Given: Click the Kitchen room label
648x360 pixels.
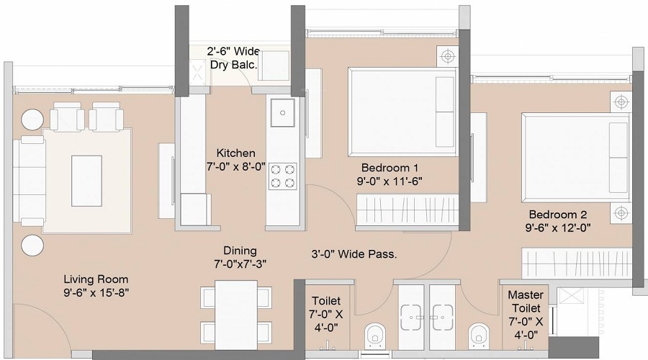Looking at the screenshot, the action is click(x=235, y=153).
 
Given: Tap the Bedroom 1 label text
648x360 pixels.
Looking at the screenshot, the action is click(x=390, y=168).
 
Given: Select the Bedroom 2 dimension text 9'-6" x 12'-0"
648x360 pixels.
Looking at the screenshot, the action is click(x=558, y=228).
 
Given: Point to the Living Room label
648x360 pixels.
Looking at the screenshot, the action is click(x=96, y=279).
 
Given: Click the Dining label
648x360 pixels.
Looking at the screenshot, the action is click(x=240, y=251).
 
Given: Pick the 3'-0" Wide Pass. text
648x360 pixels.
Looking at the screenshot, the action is click(x=354, y=254).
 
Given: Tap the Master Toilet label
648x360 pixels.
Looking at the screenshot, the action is click(x=526, y=301).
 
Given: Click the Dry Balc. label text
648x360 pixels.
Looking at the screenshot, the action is click(x=233, y=65).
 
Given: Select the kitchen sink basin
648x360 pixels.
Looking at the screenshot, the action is click(x=283, y=112).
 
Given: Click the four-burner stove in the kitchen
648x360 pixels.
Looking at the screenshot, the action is click(x=283, y=176).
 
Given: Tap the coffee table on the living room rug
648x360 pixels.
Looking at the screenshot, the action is click(x=86, y=181).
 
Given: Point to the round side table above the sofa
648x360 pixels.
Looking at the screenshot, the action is click(x=32, y=120).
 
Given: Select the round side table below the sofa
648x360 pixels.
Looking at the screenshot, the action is click(x=32, y=246).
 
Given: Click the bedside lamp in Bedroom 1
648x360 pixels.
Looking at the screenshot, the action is click(x=448, y=55).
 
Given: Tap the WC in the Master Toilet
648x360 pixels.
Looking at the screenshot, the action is click(x=479, y=334).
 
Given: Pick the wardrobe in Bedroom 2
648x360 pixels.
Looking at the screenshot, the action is click(x=577, y=263).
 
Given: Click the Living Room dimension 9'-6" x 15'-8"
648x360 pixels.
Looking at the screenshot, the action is click(x=96, y=293).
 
